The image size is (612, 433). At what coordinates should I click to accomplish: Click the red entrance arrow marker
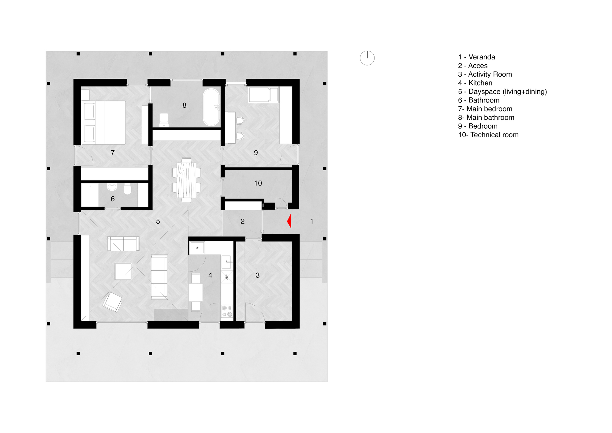(x=289, y=221)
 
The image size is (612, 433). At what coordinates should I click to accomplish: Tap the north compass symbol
(x=367, y=58)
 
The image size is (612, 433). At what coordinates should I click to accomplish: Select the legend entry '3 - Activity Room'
(x=485, y=74)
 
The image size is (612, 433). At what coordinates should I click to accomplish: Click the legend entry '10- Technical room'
(x=488, y=135)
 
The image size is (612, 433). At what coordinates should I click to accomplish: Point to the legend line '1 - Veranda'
(x=476, y=57)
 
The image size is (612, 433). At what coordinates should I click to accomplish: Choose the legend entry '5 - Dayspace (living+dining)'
(x=502, y=92)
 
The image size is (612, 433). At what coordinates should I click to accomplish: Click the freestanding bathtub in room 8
(x=211, y=107)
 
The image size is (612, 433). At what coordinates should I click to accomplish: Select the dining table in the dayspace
(x=186, y=180)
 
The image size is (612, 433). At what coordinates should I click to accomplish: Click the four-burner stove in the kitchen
(x=227, y=311)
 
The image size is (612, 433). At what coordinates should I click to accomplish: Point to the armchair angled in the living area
(x=112, y=302)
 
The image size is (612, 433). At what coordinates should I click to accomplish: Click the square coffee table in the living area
(x=123, y=271)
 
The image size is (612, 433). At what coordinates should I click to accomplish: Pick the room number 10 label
(x=258, y=183)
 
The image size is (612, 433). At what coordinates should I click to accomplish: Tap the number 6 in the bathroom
(x=113, y=199)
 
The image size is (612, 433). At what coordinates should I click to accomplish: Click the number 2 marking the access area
(x=243, y=221)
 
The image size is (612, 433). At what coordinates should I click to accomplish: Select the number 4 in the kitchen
(x=210, y=275)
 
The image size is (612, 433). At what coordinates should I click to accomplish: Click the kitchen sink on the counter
(x=226, y=262)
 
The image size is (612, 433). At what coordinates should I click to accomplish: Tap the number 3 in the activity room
(x=258, y=275)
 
